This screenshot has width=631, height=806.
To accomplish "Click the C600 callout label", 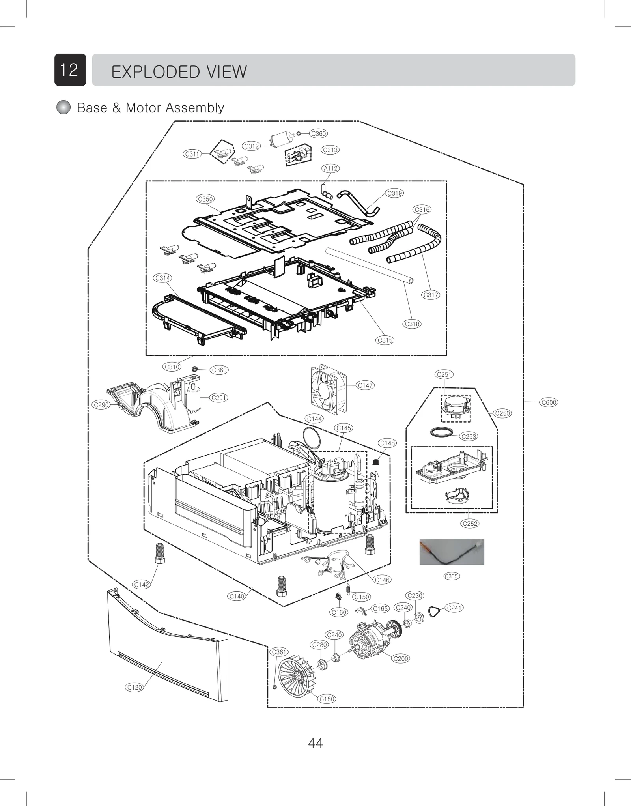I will tap(549, 402).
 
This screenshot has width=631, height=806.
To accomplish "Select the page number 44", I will tap(315, 743).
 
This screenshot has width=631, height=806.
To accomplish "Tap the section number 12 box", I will tap(70, 70).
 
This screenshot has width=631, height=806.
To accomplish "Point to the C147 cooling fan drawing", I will tap(328, 389).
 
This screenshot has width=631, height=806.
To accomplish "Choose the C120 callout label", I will tap(134, 687).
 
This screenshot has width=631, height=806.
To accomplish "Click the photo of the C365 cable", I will tap(452, 552).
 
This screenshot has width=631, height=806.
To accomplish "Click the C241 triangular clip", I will tap(434, 611).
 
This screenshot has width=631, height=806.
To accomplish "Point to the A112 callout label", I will tap(330, 168).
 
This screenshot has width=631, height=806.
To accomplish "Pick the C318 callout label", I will tap(412, 324).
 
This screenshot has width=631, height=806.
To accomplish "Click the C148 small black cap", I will tap(376, 461).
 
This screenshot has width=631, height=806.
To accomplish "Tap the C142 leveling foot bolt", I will tap(159, 554).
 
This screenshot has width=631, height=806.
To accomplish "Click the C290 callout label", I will tap(101, 405).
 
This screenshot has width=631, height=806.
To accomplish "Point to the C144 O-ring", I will tap(312, 438).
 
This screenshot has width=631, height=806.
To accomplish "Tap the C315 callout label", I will tap(385, 340).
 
